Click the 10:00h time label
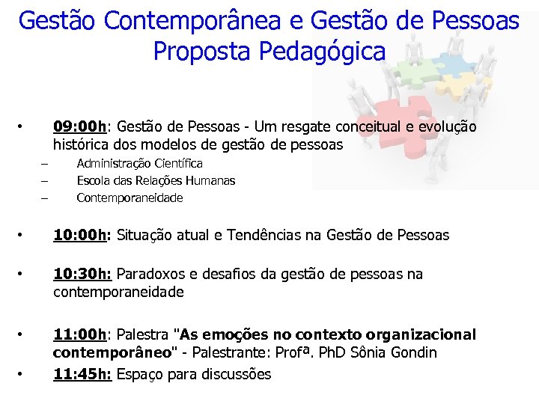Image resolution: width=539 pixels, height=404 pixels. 82,235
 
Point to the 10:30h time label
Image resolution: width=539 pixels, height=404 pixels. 82,274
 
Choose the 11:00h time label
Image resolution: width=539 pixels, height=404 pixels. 80,334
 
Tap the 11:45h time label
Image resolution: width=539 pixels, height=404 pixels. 82,373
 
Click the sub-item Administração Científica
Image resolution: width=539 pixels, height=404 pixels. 139,163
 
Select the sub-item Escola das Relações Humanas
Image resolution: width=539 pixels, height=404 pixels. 156,180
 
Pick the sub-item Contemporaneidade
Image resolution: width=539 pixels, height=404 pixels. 130,198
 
